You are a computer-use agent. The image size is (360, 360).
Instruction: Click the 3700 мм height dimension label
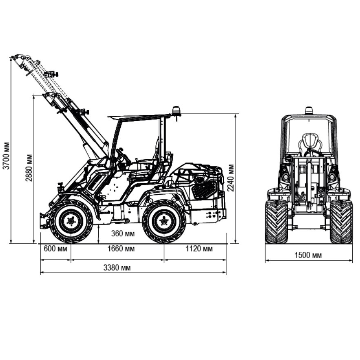[6, 156]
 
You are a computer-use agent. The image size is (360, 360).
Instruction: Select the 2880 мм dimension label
[29, 168]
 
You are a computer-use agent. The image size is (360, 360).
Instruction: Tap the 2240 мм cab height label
[230, 178]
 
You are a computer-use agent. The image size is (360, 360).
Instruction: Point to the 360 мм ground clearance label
[123, 233]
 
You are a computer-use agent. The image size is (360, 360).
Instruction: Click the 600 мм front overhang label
[55, 249]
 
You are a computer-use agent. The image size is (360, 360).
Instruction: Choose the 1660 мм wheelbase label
[121, 249]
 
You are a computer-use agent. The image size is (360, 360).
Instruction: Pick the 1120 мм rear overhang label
[199, 249]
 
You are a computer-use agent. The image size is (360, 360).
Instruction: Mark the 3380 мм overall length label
[117, 268]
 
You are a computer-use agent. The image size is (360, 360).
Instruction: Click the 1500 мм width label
[308, 255]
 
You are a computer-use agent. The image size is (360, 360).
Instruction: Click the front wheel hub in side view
[71, 221]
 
